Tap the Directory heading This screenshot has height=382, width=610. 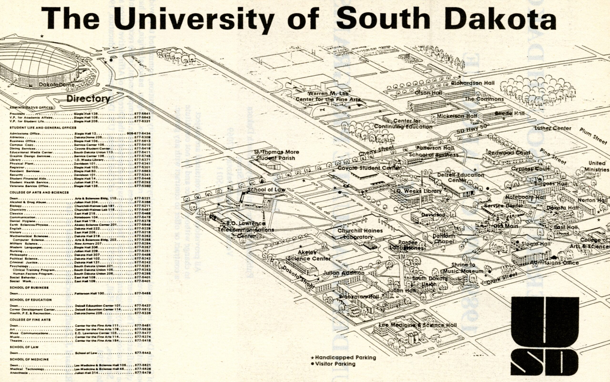point(88,99)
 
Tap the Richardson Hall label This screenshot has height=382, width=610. point(473,83)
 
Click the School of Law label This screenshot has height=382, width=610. point(266,190)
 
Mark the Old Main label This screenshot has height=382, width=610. point(505,226)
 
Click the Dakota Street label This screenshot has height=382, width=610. point(298,277)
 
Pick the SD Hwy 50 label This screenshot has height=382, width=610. point(472,129)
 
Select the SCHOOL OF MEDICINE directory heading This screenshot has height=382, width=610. point(29,359)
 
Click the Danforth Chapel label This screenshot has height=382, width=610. point(444,239)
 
